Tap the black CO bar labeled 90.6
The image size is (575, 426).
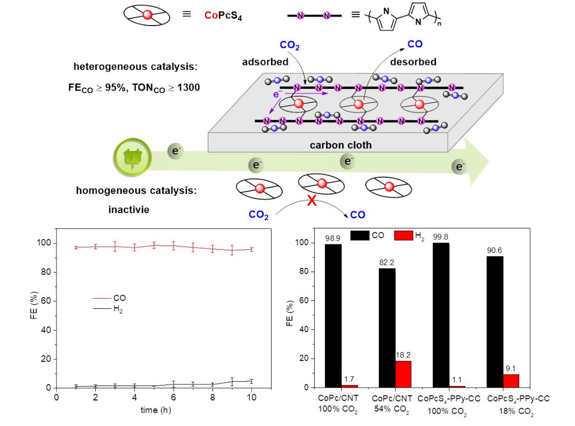495,322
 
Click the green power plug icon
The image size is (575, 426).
131,158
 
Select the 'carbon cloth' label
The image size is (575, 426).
341,145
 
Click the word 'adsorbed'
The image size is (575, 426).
265,62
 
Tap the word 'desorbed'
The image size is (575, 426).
413,62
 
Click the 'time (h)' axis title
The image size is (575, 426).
156,410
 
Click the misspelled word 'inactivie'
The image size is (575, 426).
128,209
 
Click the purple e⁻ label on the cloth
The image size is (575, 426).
276,95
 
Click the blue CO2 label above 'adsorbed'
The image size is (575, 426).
290,45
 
